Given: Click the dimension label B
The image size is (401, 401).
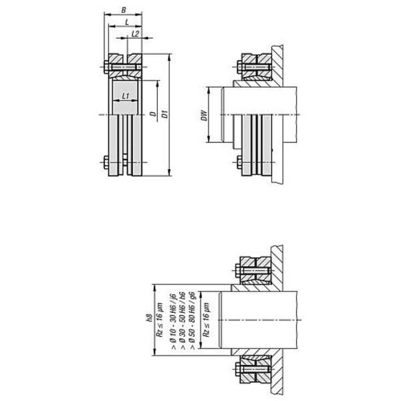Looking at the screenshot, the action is click(124, 10).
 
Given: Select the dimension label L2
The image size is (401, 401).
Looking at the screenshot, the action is click(135, 33).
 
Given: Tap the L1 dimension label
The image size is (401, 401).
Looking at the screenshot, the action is click(126, 96).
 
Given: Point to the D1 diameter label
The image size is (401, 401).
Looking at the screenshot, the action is click(165, 114).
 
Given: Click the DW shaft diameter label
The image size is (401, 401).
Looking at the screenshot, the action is click(204, 116).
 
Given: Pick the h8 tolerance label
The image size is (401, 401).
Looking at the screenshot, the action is click(150, 318).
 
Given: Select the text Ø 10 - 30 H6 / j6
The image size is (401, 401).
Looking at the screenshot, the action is click(174, 322).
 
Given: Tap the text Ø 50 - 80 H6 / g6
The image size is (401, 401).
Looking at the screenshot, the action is click(192, 320).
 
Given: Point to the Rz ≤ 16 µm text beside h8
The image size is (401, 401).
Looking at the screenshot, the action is click(160, 320).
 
